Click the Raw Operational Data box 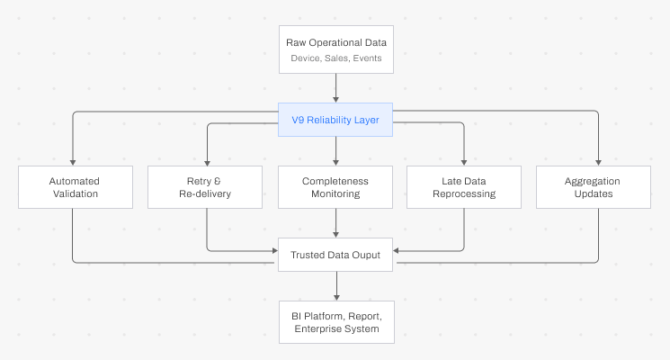335,49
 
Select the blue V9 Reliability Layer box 335,119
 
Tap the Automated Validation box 74,187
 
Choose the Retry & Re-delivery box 206,187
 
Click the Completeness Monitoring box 335,187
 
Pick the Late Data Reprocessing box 464,187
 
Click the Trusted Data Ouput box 335,255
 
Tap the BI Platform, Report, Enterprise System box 335,323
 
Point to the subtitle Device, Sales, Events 335,58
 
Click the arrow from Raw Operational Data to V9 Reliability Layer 335,87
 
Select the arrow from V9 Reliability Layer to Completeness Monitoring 335,151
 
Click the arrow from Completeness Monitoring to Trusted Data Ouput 335,224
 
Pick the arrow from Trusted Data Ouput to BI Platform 335,285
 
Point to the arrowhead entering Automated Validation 74,161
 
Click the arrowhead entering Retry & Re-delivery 207,161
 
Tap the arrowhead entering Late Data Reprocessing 464,161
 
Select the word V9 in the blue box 298,119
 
